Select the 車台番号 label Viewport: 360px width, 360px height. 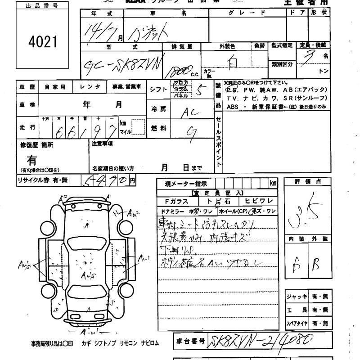click(190, 341)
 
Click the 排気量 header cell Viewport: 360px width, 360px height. click(182, 46)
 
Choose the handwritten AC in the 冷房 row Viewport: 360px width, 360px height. click(190, 113)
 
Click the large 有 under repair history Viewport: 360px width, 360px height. click(32, 160)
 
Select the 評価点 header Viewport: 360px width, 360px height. click(308, 181)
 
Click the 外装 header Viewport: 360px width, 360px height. click(320, 239)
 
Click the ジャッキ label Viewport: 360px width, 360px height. click(297, 297)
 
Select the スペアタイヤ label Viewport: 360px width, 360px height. click(297, 324)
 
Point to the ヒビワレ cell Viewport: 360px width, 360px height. click(259, 201)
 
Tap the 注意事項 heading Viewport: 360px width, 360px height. click(102, 144)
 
